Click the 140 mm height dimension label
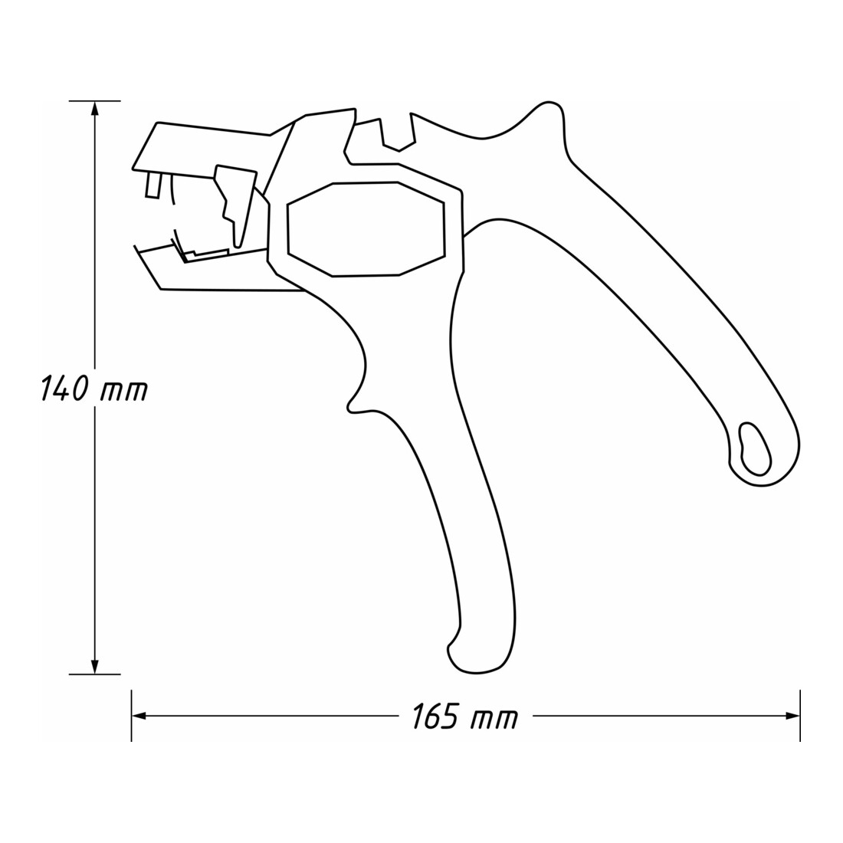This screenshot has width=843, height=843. tap(94, 389)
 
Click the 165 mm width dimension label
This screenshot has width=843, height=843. tap(464, 717)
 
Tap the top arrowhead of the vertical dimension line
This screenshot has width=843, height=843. tap(95, 110)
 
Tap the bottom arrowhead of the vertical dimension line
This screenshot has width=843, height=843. tap(95, 664)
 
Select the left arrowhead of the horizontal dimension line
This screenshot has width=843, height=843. tap(140, 716)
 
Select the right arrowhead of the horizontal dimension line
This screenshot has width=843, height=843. tap(792, 716)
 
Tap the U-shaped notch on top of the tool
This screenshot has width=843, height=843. tap(398, 134)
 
